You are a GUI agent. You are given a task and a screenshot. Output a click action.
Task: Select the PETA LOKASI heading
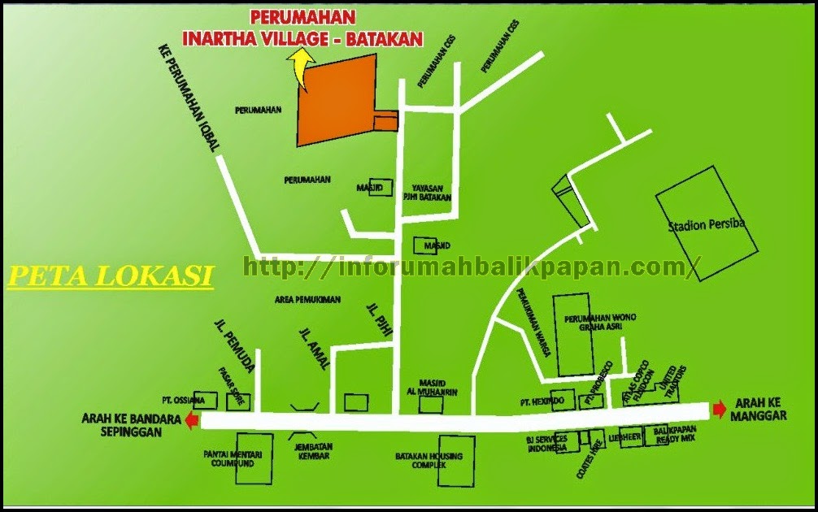[x=110, y=276]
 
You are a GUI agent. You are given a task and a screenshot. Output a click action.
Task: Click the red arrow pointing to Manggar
[x=720, y=410]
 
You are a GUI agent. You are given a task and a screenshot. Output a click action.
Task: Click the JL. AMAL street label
[x=315, y=350]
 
